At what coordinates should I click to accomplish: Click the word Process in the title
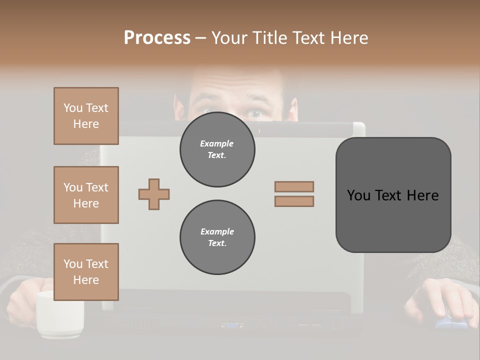coord(157,37)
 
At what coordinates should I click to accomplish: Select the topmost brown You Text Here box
coord(86,116)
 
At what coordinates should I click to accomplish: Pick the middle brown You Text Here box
coord(86,195)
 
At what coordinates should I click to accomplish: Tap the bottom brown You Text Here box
coord(86,271)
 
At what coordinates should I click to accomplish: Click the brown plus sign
coord(154,194)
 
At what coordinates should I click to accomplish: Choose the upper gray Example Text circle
coord(217,149)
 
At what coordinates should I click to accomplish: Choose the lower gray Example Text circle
coord(217,237)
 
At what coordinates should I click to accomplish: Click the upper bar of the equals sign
coord(294,186)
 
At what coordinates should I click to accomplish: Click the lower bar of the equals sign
coord(294,201)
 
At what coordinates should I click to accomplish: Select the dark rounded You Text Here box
coord(393,195)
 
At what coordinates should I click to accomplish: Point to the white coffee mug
coord(59,314)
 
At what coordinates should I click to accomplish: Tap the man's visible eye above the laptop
coord(255,113)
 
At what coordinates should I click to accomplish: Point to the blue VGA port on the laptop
coord(232,325)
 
